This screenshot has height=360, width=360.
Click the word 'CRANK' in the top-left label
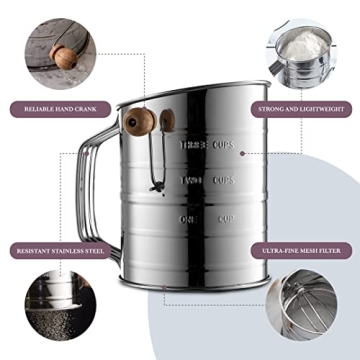[x=83, y=104]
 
